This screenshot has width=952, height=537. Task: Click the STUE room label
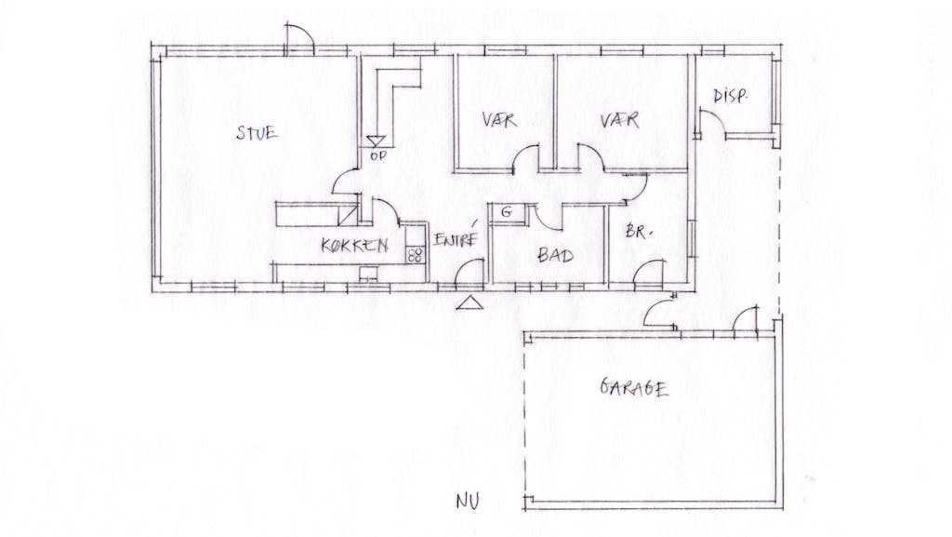coord(257,133)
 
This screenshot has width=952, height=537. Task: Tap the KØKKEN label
coord(354,246)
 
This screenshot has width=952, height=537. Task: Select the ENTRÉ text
coord(456,240)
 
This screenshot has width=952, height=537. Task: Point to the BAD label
coord(555,255)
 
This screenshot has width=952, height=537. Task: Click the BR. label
coord(638,231)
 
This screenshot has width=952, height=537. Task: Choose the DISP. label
coord(730,96)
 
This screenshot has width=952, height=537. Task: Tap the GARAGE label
coord(634,387)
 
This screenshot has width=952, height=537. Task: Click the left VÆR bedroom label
coord(499,120)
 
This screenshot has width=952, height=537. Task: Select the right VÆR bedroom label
coord(619,120)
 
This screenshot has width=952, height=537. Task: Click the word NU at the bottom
coord(468,501)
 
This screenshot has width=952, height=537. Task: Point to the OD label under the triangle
coord(377,156)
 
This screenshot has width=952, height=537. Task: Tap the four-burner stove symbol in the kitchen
coord(416,254)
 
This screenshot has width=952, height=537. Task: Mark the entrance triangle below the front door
coord(469,302)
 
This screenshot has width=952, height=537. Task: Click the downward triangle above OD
coord(376,141)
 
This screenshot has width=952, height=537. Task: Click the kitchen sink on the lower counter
coord(368,274)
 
